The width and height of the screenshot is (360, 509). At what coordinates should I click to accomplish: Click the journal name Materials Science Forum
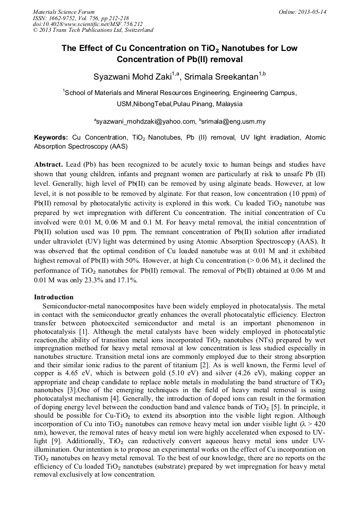pos(64,12)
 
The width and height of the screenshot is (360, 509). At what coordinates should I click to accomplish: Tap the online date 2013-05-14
pos(312,12)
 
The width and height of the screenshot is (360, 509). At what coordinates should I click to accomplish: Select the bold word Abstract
pos(48,165)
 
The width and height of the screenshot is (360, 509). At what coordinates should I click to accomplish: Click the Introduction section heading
pos(54,297)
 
